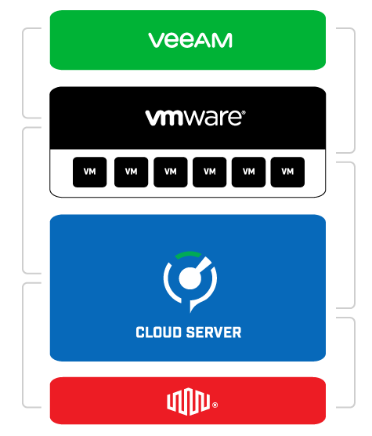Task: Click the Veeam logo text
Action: point(190,40)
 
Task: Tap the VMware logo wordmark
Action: point(194,118)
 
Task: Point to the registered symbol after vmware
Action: point(243,112)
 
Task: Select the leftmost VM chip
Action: point(89,172)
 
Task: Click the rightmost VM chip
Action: point(287,172)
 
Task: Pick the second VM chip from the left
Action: point(130,172)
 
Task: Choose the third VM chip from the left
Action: point(169,172)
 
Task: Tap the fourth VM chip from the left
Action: point(208,172)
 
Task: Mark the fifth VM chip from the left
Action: point(247,172)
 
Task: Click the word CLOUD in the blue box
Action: point(160,332)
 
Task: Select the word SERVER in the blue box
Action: point(215,332)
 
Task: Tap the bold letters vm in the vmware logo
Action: point(164,118)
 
